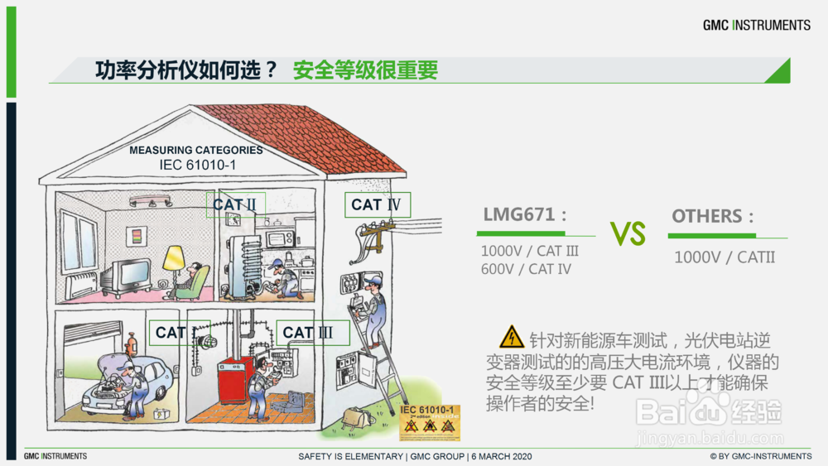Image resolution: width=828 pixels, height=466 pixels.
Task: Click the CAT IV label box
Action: [378, 204]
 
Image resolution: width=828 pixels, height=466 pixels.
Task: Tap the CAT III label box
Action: [313, 333]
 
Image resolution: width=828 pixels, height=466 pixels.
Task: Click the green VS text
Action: [628, 233]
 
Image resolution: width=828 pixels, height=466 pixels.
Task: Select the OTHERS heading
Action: [713, 216]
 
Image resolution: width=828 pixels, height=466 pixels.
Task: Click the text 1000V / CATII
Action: [724, 257]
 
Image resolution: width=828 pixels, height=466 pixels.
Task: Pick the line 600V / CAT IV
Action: [526, 268]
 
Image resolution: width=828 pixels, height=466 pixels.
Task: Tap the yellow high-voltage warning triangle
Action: [511, 338]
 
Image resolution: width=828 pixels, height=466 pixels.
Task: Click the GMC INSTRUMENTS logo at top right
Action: [757, 25]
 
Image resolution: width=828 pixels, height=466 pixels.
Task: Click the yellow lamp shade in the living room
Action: [174, 258]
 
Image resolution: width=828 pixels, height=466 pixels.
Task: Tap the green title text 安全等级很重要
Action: [365, 71]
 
